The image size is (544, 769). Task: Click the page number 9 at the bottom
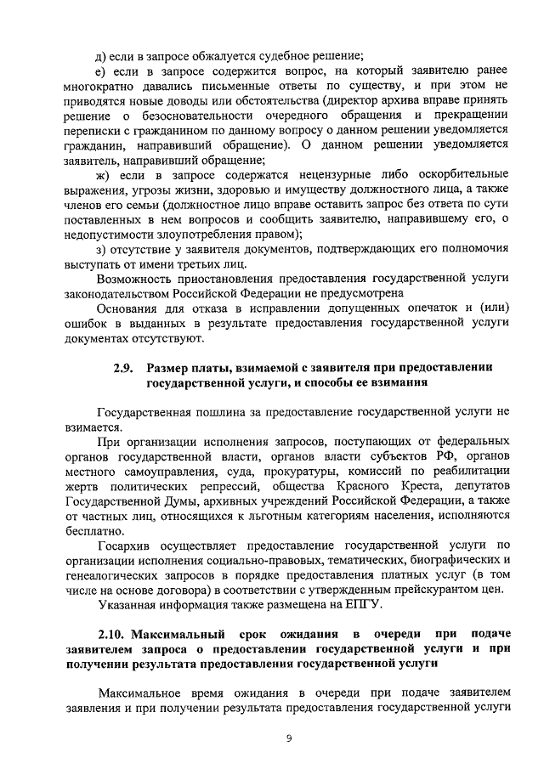(x=289, y=738)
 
